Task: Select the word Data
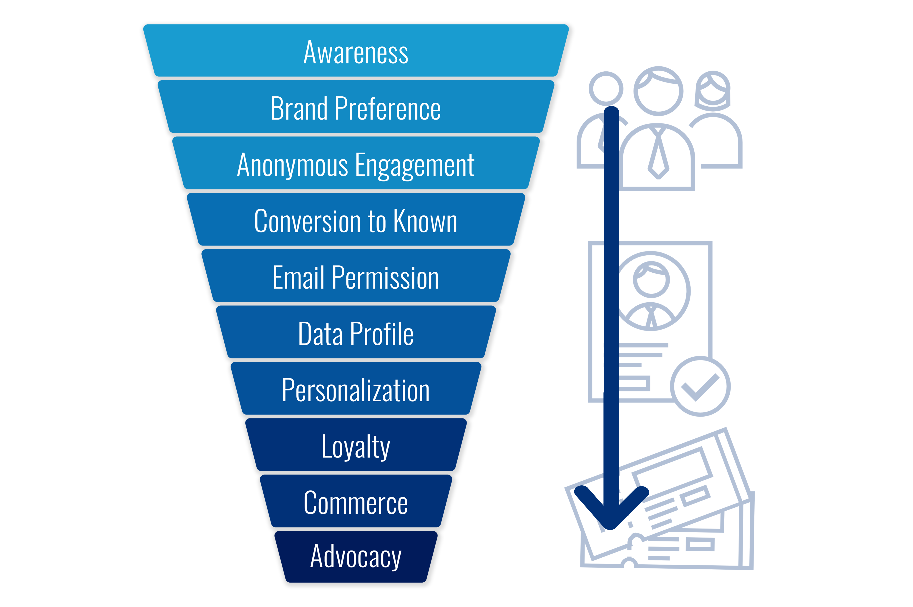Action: tap(320, 334)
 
